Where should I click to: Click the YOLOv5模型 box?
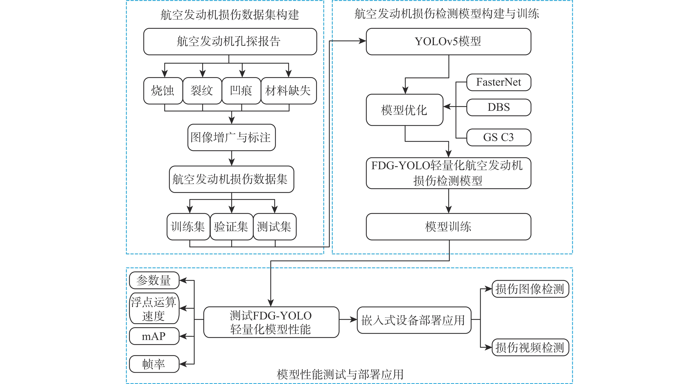(x=448, y=41)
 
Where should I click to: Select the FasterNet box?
(x=499, y=82)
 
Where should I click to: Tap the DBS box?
(x=499, y=107)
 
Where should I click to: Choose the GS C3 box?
(x=499, y=137)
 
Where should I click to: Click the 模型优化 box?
(x=404, y=110)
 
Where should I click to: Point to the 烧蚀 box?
(x=163, y=91)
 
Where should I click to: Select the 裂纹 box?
(x=202, y=91)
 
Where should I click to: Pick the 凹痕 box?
(x=241, y=91)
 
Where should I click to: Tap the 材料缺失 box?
(x=288, y=91)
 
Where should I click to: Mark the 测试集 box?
(x=275, y=227)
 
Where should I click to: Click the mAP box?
(x=154, y=336)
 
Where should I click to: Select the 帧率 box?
(x=154, y=364)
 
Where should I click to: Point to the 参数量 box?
(x=154, y=280)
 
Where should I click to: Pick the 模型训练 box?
(x=448, y=227)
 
